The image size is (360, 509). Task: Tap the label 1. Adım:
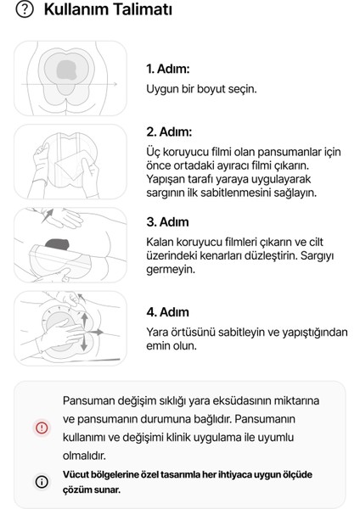[168, 68]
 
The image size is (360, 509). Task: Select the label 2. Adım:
[170, 131]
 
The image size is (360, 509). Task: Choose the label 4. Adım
[168, 311]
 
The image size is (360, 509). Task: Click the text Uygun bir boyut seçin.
[201, 88]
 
